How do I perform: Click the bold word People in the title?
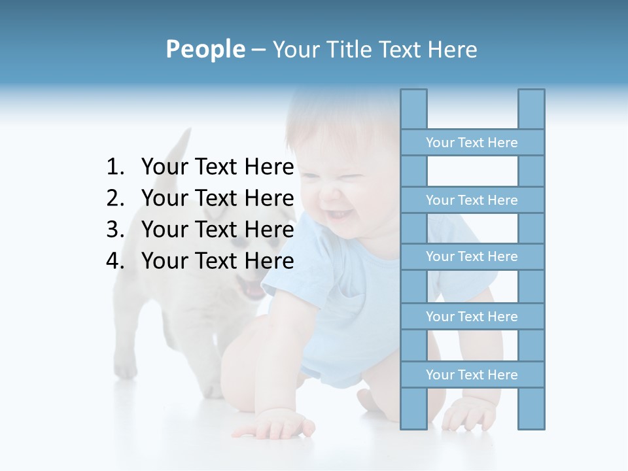click(x=205, y=49)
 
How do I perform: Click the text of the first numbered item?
click(x=217, y=167)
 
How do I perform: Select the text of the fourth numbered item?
click(x=217, y=261)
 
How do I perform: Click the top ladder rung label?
click(x=472, y=143)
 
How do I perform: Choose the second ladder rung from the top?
click(x=472, y=200)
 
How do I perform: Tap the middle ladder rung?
click(x=472, y=257)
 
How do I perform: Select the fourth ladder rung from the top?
click(x=472, y=317)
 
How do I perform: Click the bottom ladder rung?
click(x=472, y=375)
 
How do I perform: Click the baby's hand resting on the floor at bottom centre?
click(x=278, y=426)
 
